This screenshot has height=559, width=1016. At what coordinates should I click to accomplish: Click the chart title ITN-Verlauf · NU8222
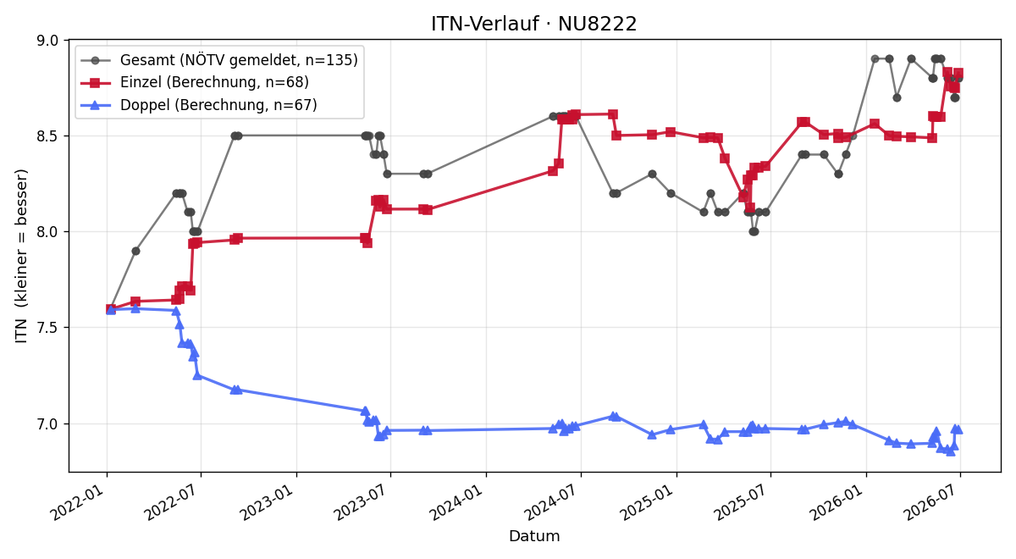coord(534,24)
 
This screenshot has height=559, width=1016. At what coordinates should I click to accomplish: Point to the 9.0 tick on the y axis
coord(47,41)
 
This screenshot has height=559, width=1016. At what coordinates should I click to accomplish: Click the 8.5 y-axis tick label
coord(47,136)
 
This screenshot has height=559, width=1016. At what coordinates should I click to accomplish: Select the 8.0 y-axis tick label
coord(47,232)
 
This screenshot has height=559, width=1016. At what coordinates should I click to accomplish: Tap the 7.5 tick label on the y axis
coord(47,328)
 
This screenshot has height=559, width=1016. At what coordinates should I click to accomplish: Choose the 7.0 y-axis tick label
coord(47,423)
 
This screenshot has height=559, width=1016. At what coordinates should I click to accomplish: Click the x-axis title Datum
coord(534,536)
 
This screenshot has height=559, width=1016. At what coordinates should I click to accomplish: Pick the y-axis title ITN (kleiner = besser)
coord(21,256)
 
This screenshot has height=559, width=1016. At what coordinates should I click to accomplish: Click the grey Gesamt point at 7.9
coord(135,251)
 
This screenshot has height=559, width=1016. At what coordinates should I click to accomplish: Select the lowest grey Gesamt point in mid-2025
coord(754,232)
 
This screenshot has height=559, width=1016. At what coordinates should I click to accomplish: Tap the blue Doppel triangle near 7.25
coord(197,376)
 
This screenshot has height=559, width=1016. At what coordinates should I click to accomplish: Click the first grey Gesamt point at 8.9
coord(875,59)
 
